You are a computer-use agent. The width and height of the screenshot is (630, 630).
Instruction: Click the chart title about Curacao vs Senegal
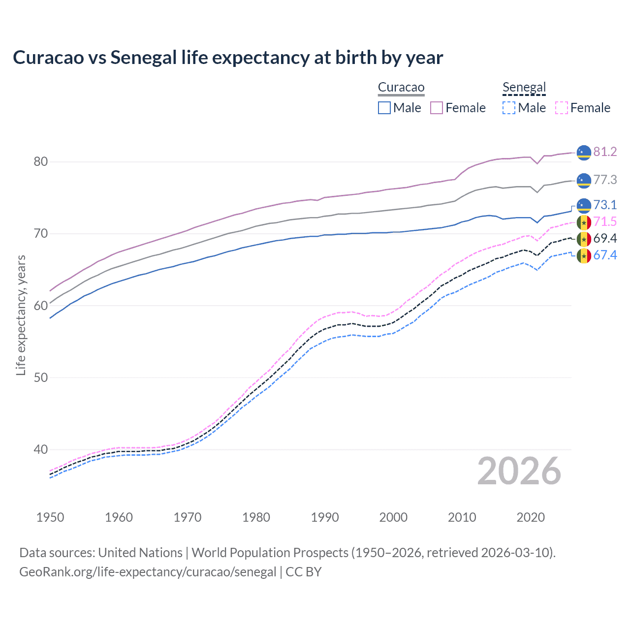(x=228, y=58)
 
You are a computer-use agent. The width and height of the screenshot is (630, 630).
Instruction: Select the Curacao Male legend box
(x=384, y=108)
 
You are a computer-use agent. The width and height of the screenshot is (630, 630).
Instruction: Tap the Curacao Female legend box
(x=437, y=108)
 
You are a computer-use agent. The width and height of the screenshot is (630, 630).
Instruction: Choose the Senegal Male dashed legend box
(x=509, y=108)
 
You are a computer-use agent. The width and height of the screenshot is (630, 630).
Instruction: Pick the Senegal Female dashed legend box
(x=561, y=108)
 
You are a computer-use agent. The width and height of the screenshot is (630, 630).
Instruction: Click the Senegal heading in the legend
(x=524, y=88)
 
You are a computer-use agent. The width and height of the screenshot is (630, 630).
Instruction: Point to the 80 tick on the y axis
(x=41, y=161)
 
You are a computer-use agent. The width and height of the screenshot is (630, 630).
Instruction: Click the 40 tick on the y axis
(x=41, y=449)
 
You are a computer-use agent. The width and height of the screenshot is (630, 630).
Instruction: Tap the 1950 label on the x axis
(x=50, y=517)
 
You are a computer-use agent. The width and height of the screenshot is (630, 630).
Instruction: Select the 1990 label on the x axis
(x=325, y=517)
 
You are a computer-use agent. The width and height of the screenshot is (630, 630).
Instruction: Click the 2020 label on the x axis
(x=531, y=517)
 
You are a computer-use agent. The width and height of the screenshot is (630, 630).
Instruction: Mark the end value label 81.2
(x=605, y=152)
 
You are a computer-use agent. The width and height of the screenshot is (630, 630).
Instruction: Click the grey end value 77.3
(x=605, y=180)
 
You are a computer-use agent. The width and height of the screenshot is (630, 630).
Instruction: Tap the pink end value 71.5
(x=605, y=221)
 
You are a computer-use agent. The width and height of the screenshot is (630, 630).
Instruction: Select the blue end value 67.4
(x=605, y=255)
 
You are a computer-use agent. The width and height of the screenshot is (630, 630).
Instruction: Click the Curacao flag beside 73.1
(x=584, y=205)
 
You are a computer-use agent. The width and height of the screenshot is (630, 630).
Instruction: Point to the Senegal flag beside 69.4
(x=584, y=239)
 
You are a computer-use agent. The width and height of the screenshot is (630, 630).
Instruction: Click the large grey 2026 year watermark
(x=519, y=471)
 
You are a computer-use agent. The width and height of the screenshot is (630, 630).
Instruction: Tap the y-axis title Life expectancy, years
(x=21, y=315)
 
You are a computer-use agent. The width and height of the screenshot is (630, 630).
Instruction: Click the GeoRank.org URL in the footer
(x=148, y=572)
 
